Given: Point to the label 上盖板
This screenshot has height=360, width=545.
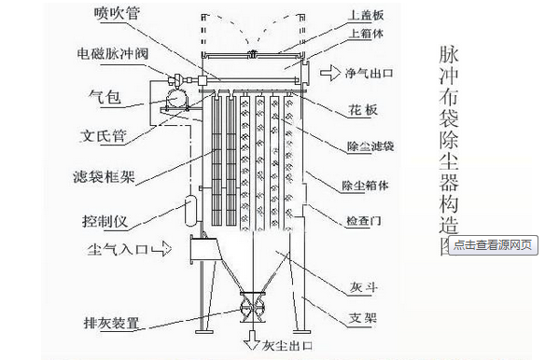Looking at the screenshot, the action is (363, 14).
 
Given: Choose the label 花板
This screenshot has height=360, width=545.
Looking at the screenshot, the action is (365, 110).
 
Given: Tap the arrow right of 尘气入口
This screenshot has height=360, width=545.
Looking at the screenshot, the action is (161, 249).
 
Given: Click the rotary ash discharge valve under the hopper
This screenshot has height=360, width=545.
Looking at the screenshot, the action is (252, 309).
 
